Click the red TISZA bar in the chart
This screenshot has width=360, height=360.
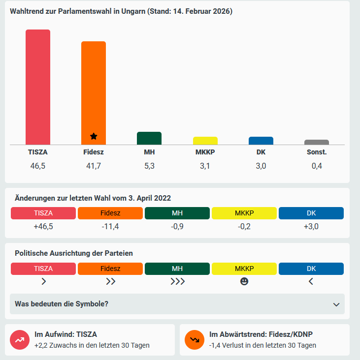click(x=38, y=87)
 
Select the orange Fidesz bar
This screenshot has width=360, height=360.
click(x=94, y=93)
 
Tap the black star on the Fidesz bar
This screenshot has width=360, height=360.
click(x=94, y=136)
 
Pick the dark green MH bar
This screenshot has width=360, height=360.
click(x=149, y=138)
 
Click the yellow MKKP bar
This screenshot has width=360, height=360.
click(x=205, y=141)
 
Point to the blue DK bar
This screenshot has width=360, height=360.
click(x=261, y=141)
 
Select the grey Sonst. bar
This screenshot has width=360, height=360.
click(x=317, y=142)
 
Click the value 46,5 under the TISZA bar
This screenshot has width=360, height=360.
click(x=38, y=166)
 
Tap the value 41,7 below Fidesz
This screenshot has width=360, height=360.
click(x=94, y=166)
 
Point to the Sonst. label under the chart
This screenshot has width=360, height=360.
click(x=317, y=152)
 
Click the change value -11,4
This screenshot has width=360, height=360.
click(x=110, y=226)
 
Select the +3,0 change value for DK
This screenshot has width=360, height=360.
click(x=311, y=226)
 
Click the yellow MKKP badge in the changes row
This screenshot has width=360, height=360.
click(x=244, y=213)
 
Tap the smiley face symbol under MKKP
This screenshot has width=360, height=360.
click(x=244, y=281)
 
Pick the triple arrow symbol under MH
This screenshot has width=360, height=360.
click(x=177, y=281)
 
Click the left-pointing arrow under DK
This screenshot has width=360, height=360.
click(x=311, y=281)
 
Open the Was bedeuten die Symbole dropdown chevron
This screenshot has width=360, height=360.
click(x=336, y=304)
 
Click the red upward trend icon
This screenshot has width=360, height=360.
click(x=20, y=339)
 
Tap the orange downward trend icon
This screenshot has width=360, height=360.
click(x=195, y=339)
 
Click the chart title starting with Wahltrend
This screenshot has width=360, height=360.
click(x=121, y=11)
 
